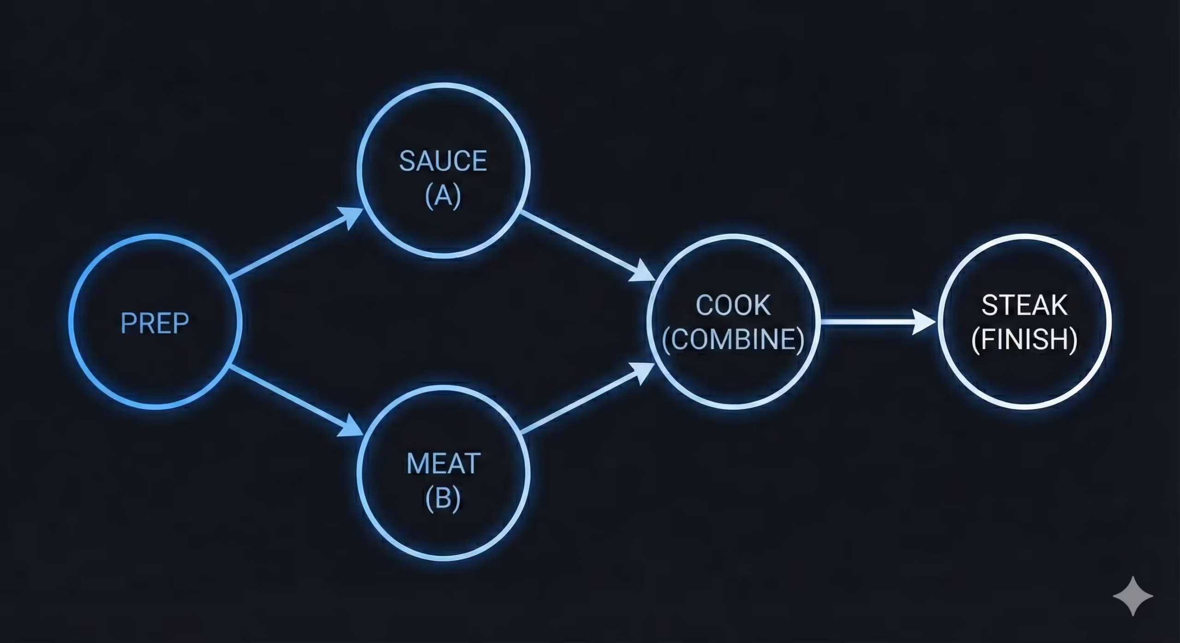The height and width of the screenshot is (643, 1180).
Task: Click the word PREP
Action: point(154,323)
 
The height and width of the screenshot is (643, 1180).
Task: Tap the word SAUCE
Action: point(443,161)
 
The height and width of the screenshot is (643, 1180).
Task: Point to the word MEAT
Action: point(443,463)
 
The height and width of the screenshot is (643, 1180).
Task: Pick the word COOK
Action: point(733,305)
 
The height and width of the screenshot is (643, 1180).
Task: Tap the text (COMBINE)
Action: point(733,339)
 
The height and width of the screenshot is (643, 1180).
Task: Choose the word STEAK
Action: point(1024,305)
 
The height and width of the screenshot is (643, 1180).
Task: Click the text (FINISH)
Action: point(1024,339)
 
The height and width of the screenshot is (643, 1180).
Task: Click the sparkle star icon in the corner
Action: point(1133,595)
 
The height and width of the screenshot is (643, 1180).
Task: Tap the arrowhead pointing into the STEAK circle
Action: point(924,321)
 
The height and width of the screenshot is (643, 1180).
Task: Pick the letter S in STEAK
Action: point(989,305)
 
